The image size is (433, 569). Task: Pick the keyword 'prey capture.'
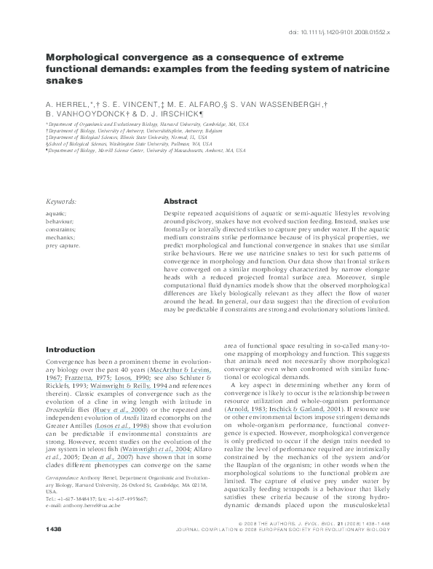pos(63,246)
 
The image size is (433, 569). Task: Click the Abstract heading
pos(180,201)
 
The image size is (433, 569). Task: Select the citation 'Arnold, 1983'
pos(242,410)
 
